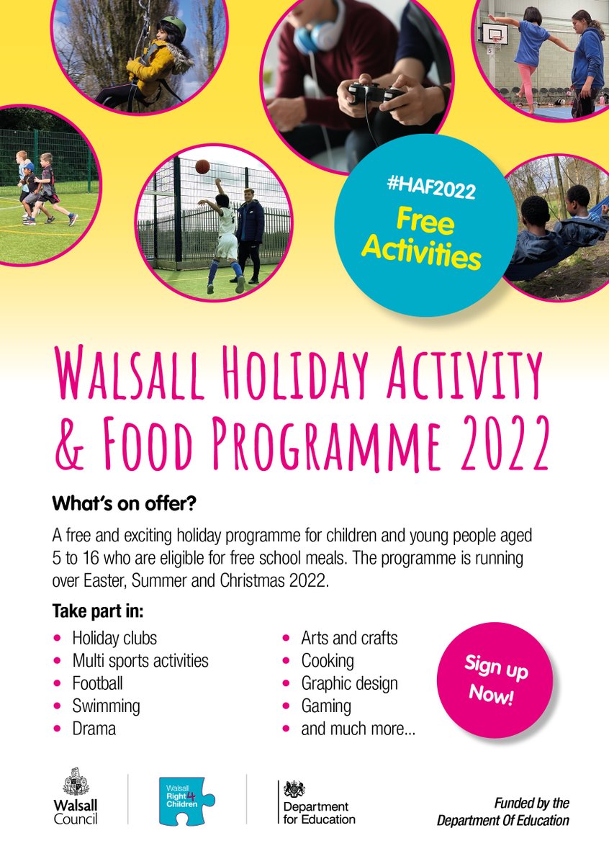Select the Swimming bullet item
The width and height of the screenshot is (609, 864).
pyautogui.click(x=106, y=706)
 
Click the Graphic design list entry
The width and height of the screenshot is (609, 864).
pyautogui.click(x=349, y=683)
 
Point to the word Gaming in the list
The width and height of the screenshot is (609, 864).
pyautogui.click(x=326, y=706)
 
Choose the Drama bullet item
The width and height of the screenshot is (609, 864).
pyautogui.click(x=94, y=728)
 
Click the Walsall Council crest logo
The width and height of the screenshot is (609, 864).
pyautogui.click(x=76, y=780)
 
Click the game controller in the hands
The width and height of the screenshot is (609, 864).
pyautogui.click(x=374, y=93)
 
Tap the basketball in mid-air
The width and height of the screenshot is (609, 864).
pyautogui.click(x=202, y=166)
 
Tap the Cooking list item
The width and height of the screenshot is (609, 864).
pyautogui.click(x=328, y=660)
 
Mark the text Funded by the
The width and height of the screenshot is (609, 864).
pyautogui.click(x=531, y=803)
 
